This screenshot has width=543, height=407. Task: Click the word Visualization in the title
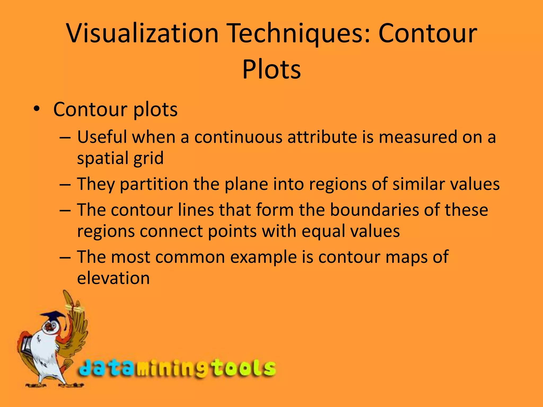tap(143, 33)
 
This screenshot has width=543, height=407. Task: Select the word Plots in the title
tap(271, 69)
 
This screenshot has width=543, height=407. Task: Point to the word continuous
tap(238, 137)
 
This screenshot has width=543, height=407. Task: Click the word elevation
tap(113, 278)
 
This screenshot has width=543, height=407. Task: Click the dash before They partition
tap(65, 184)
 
